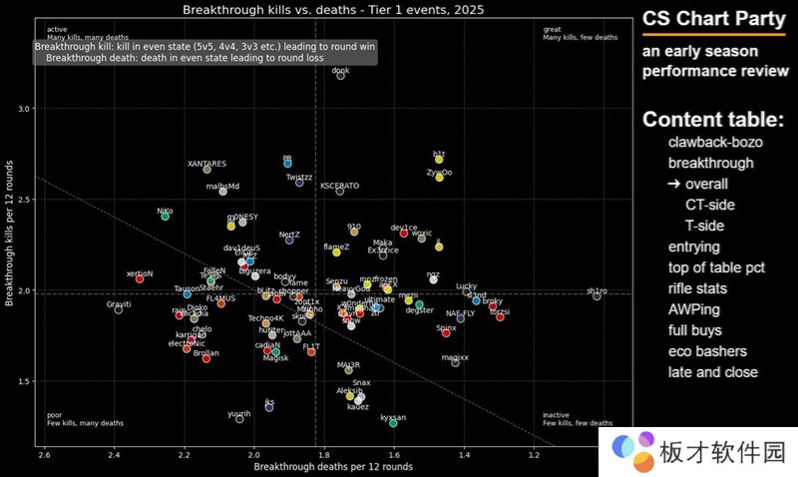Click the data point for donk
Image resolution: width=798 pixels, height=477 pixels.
[341, 75]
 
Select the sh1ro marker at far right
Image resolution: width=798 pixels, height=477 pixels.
[597, 295]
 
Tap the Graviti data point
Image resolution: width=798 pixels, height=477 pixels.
[119, 309]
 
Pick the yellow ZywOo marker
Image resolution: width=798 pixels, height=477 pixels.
[439, 178]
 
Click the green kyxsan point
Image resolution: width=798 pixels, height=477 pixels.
[393, 423]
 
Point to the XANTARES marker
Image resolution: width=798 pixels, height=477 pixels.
[207, 169]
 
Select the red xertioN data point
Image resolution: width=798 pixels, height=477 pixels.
[140, 278]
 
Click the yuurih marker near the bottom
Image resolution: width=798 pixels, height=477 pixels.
[239, 419]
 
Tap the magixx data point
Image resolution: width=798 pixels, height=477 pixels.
[455, 362]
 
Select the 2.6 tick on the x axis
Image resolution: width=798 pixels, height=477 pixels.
[44, 455]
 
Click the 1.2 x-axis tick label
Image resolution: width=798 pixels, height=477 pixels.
[535, 455]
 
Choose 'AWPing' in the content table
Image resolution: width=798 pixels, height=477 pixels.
[694, 309]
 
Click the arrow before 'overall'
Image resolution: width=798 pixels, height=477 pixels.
[674, 184]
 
